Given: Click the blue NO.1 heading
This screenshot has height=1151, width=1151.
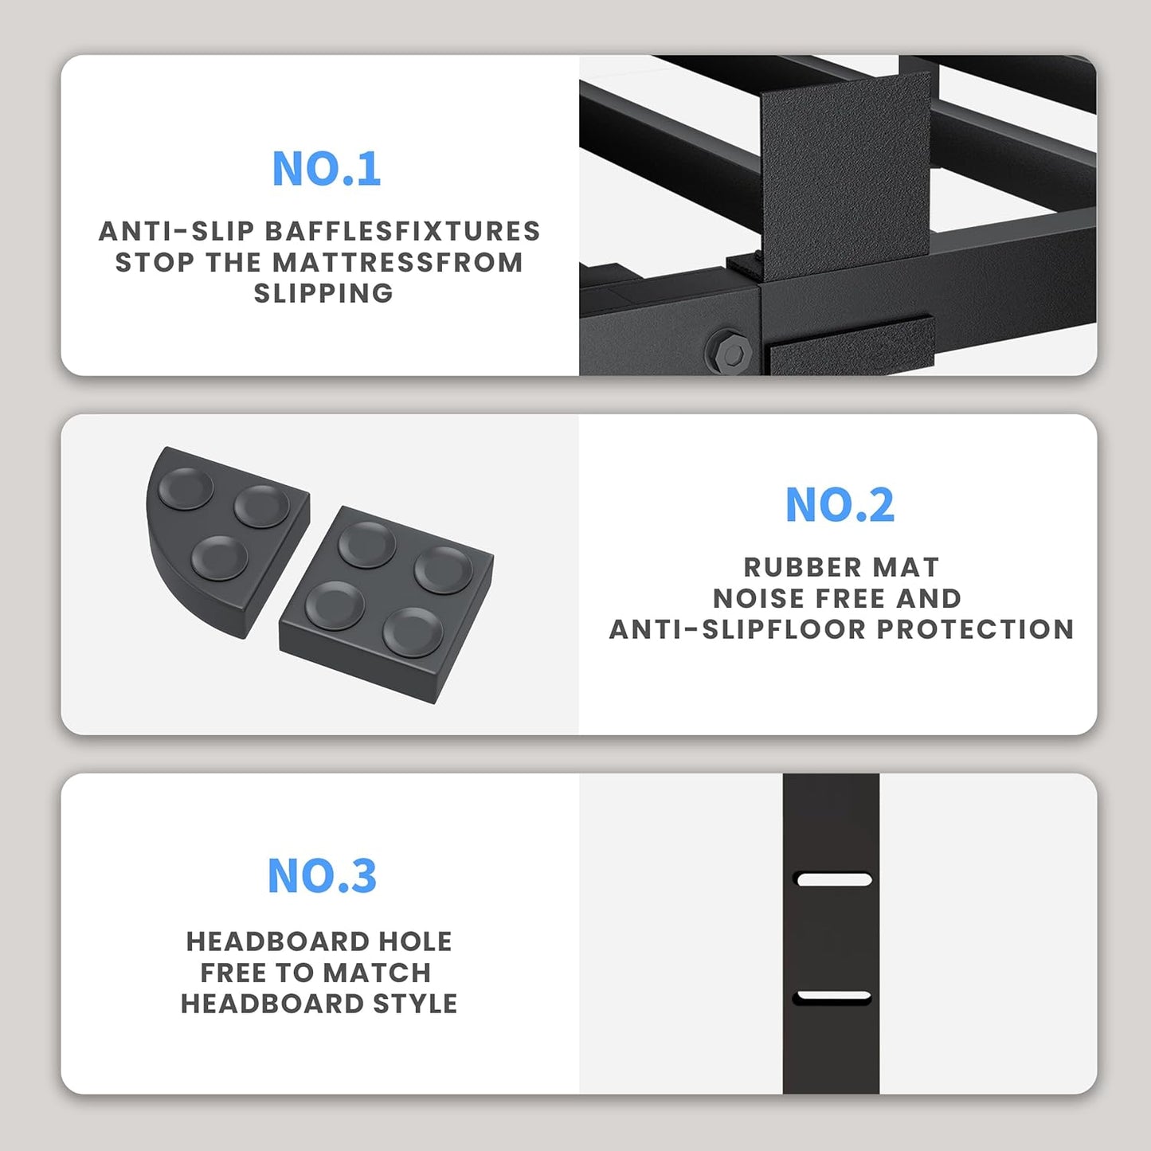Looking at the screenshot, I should (x=326, y=169).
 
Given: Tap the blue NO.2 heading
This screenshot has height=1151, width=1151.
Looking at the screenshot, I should (x=840, y=505).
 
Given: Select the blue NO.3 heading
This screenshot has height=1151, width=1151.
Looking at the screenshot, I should (x=322, y=875).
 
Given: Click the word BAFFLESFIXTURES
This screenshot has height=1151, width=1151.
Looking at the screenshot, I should (x=402, y=231).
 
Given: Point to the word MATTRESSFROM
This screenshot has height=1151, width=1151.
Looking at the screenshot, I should (x=397, y=262).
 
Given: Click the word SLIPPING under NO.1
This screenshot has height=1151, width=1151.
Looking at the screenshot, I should (x=323, y=293).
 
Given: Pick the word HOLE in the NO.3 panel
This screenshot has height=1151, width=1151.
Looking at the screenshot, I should (x=415, y=942).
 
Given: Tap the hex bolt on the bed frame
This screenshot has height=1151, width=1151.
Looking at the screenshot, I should (x=727, y=350).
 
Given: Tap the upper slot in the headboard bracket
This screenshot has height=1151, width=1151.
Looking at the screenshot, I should (x=834, y=879).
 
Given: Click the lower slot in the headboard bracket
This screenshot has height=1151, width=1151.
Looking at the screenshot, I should (x=833, y=996).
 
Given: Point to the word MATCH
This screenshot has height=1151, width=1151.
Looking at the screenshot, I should (x=377, y=973).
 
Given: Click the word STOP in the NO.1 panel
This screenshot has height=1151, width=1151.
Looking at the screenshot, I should (x=155, y=262).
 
